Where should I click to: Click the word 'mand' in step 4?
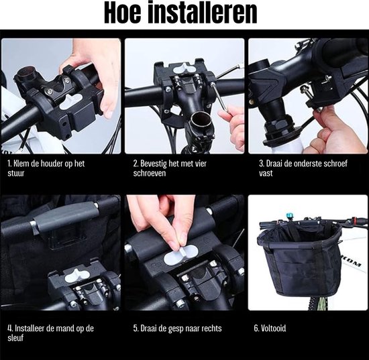point(66,328)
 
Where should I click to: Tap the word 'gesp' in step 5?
point(176,328)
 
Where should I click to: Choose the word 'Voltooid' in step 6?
point(274,328)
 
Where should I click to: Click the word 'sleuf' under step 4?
point(15,338)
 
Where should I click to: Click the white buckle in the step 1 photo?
point(70,102)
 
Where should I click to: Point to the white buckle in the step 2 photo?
point(184,68)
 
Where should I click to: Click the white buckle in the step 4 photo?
point(75,276)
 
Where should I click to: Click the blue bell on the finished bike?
point(289,216)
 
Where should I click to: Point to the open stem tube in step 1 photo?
point(25,75)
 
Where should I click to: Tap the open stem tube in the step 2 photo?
point(201,120)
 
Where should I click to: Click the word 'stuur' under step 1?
point(16,174)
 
